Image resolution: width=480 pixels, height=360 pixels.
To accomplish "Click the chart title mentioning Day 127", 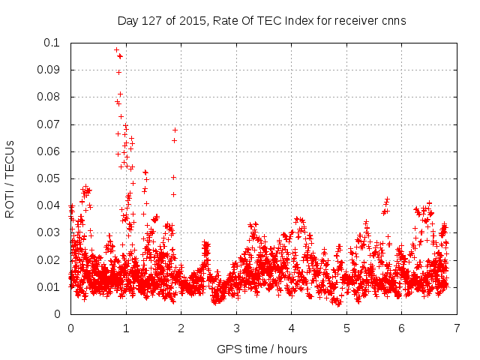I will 261,21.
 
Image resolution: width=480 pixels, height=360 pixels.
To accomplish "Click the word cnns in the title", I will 392,21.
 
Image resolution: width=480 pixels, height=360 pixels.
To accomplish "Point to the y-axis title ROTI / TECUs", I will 10,178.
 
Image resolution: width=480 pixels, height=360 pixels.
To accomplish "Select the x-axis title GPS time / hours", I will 261,349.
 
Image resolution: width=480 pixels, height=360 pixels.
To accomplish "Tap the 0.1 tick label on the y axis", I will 52,43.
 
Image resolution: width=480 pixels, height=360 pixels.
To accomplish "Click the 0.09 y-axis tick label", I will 49,70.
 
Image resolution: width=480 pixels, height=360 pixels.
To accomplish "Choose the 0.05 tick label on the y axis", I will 49,178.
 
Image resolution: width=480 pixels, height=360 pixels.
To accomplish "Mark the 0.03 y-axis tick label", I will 49,232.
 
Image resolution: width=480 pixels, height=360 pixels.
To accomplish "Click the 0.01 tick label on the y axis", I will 49,287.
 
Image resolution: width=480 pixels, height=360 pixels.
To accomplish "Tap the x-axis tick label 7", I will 457,328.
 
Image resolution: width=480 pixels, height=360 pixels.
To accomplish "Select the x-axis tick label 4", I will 291,328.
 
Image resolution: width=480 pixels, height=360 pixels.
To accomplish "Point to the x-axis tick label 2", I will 181,328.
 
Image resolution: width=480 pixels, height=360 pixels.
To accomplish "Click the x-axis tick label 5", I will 346,328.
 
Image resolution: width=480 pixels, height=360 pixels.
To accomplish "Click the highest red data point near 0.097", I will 116,50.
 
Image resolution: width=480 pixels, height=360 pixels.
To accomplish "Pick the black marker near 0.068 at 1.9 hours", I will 175,130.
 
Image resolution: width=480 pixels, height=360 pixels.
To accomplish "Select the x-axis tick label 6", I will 401,328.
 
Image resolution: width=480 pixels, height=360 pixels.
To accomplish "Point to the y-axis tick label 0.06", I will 49,151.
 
